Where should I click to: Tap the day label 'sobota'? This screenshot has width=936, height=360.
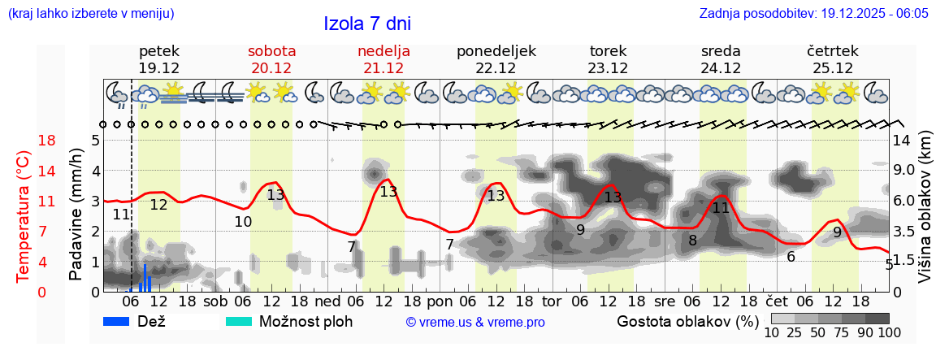(271, 51)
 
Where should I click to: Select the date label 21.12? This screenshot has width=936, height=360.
(383, 68)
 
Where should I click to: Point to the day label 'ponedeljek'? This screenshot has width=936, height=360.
(496, 51)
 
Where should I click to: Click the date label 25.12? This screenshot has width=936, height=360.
(833, 68)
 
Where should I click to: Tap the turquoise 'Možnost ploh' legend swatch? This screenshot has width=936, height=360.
(239, 321)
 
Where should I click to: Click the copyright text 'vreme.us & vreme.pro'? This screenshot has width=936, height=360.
(475, 322)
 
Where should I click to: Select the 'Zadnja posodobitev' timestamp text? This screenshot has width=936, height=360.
(813, 14)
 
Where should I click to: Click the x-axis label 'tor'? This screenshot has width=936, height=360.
(552, 301)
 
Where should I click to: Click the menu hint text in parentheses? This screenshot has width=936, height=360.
(90, 14)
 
